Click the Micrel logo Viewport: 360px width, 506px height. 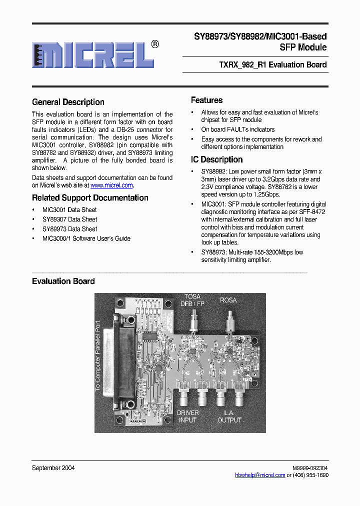pyautogui.click(x=93, y=54)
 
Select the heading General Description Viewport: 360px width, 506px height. pyautogui.click(x=68, y=102)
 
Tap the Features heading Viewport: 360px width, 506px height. pyautogui.click(x=206, y=100)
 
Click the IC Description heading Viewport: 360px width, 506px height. pyautogui.click(x=216, y=159)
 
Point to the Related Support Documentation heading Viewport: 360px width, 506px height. pyautogui.click(x=90, y=197)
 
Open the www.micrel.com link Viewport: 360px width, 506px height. pyautogui.click(x=111, y=185)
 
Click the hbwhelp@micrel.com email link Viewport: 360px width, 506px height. pyautogui.click(x=260, y=475)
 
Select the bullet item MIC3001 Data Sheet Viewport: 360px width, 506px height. pyautogui.click(x=69, y=210)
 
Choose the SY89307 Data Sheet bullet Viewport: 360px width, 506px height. pyautogui.click(x=69, y=219)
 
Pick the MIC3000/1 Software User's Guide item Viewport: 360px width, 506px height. pyautogui.click(x=86, y=238)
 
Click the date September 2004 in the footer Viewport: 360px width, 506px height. pyautogui.click(x=53, y=468)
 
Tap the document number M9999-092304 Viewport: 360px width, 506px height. pyautogui.click(x=310, y=468)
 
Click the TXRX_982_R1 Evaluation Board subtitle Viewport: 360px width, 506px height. pyautogui.click(x=273, y=64)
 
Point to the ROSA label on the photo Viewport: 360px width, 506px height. pyautogui.click(x=228, y=300)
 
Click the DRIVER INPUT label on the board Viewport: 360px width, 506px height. pyautogui.click(x=187, y=416)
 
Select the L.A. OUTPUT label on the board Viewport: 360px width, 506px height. pyautogui.click(x=229, y=416)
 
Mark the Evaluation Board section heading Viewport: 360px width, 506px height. pyautogui.click(x=63, y=281)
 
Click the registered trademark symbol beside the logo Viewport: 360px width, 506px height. pyautogui.click(x=155, y=44)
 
